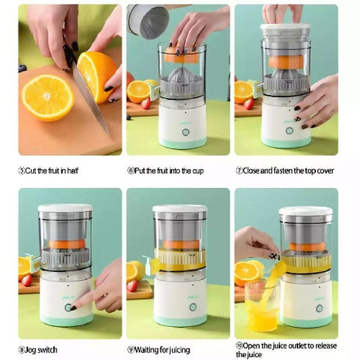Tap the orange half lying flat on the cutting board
pos(47,97)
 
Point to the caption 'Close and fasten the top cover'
pos(287,170)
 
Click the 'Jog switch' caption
pos(41,349)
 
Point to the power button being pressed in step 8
pos(70,307)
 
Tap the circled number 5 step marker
pos(21,170)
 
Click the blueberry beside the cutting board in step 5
pos(23,68)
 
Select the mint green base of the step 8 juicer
pos(66,321)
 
